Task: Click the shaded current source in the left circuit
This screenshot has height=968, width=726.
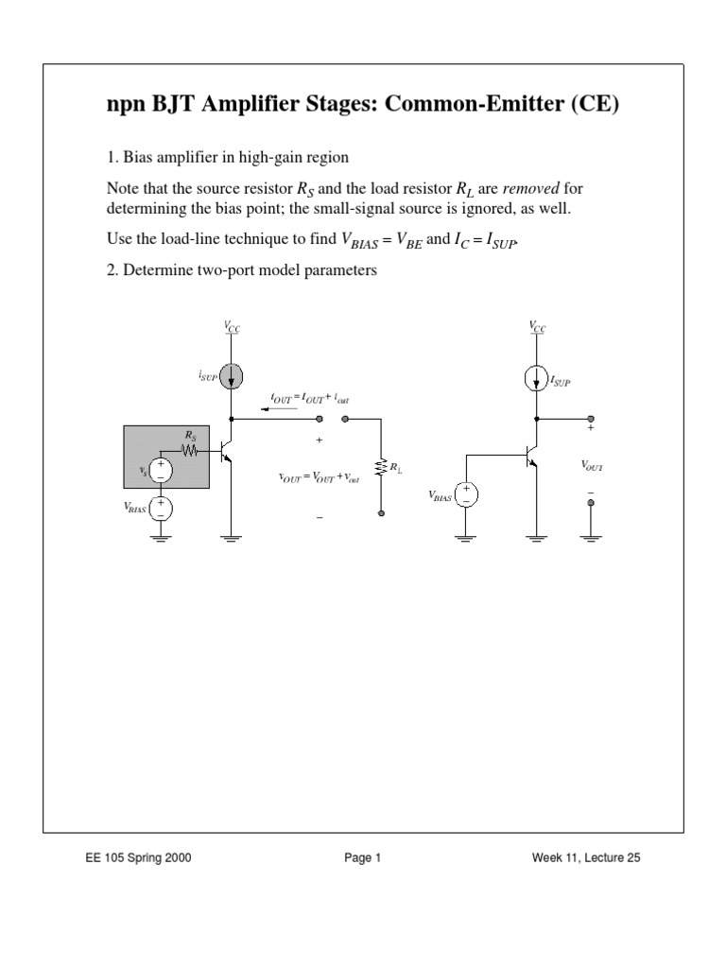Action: click(232, 376)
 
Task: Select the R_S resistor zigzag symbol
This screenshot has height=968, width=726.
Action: click(191, 451)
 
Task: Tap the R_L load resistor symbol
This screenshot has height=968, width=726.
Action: click(381, 467)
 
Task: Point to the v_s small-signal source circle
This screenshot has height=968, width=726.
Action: click(161, 470)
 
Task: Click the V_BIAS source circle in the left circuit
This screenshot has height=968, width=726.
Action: click(161, 510)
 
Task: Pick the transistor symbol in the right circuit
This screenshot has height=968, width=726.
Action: click(532, 456)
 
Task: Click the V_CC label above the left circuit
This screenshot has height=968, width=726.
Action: click(232, 326)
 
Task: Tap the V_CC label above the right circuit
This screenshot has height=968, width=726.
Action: click(537, 326)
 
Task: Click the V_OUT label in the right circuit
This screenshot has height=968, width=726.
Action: click(593, 466)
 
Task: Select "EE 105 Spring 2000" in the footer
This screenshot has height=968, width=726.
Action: click(141, 858)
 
